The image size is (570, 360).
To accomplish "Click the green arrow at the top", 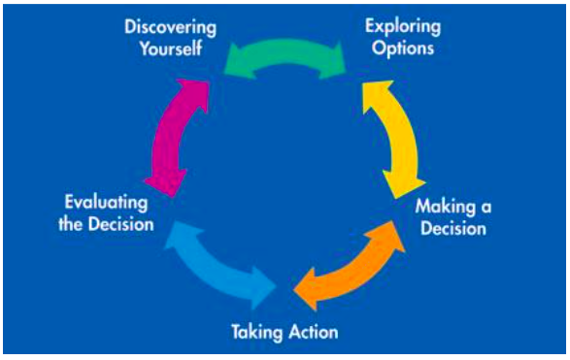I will pos(285,54).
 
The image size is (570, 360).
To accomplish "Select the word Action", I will pos(313,333).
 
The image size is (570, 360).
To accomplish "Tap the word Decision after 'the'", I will pos(120,225).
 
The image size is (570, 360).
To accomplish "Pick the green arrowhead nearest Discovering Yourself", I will pos(236,60).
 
